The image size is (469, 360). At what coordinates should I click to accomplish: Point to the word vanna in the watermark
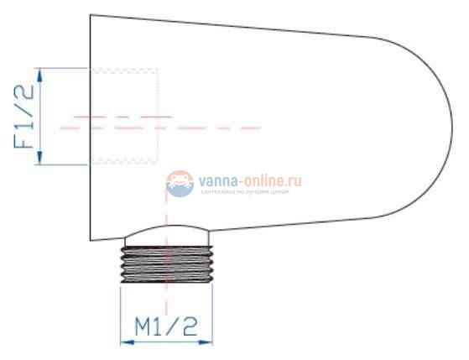[218, 180]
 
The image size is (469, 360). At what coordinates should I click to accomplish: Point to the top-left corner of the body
[91, 15]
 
